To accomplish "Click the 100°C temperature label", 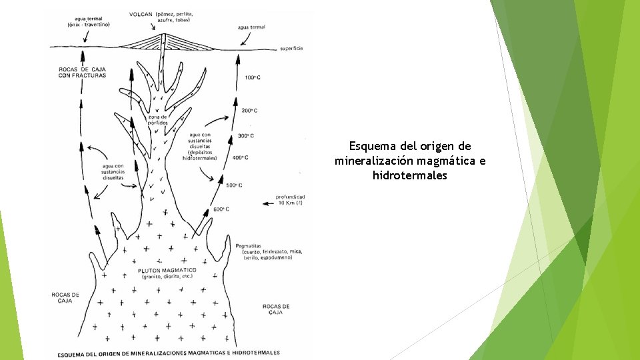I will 252,78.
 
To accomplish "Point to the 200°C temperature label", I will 249,111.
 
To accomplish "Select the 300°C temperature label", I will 245,136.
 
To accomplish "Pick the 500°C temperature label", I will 234,185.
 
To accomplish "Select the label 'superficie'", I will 292,49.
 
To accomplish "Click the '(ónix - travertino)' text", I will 89,25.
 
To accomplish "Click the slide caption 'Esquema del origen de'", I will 409,146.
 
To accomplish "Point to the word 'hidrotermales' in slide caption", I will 409,176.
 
